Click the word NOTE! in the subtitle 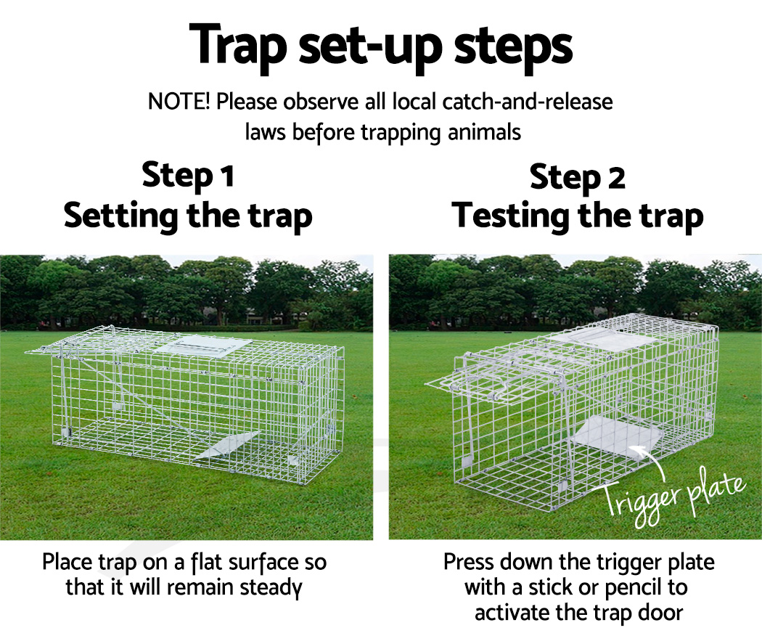click(179, 102)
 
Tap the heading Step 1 click(188, 176)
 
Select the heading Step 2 click(578, 177)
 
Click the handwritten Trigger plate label click(673, 496)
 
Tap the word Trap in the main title click(238, 46)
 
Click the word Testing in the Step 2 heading click(511, 216)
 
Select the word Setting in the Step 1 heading click(121, 216)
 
